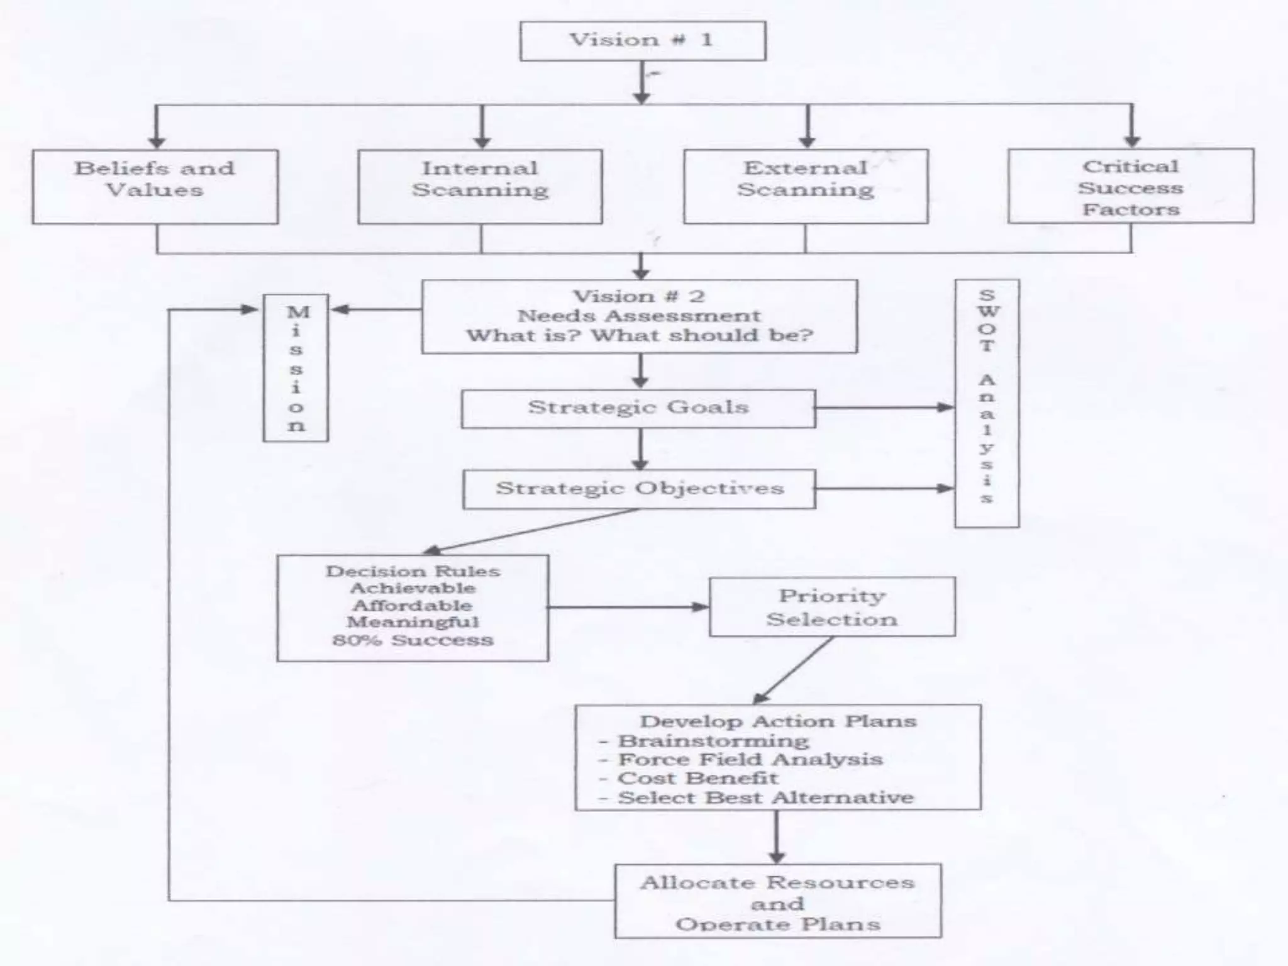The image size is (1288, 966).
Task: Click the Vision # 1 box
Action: [642, 41]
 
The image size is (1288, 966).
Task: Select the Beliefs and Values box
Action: [155, 186]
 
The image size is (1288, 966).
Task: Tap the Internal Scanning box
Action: [480, 186]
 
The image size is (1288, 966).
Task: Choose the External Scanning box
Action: [806, 186]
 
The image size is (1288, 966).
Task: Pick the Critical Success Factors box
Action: [1130, 186]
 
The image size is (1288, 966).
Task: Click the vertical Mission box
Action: [296, 368]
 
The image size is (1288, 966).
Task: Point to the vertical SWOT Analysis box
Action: [986, 403]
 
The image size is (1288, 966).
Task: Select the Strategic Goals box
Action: [638, 409]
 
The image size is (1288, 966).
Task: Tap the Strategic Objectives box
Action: [639, 489]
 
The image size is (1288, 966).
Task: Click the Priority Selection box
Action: [831, 607]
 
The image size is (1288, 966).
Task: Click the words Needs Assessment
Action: [639, 316]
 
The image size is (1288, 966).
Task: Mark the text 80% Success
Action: [413, 640]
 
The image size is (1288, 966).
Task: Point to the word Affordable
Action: [413, 606]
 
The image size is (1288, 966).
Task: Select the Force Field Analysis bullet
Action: [750, 760]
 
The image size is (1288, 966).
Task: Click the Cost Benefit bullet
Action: [697, 779]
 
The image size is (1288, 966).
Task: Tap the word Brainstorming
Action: [713, 741]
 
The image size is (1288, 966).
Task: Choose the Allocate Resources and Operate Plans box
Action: [777, 901]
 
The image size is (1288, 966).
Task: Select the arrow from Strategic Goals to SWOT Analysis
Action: [884, 408]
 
